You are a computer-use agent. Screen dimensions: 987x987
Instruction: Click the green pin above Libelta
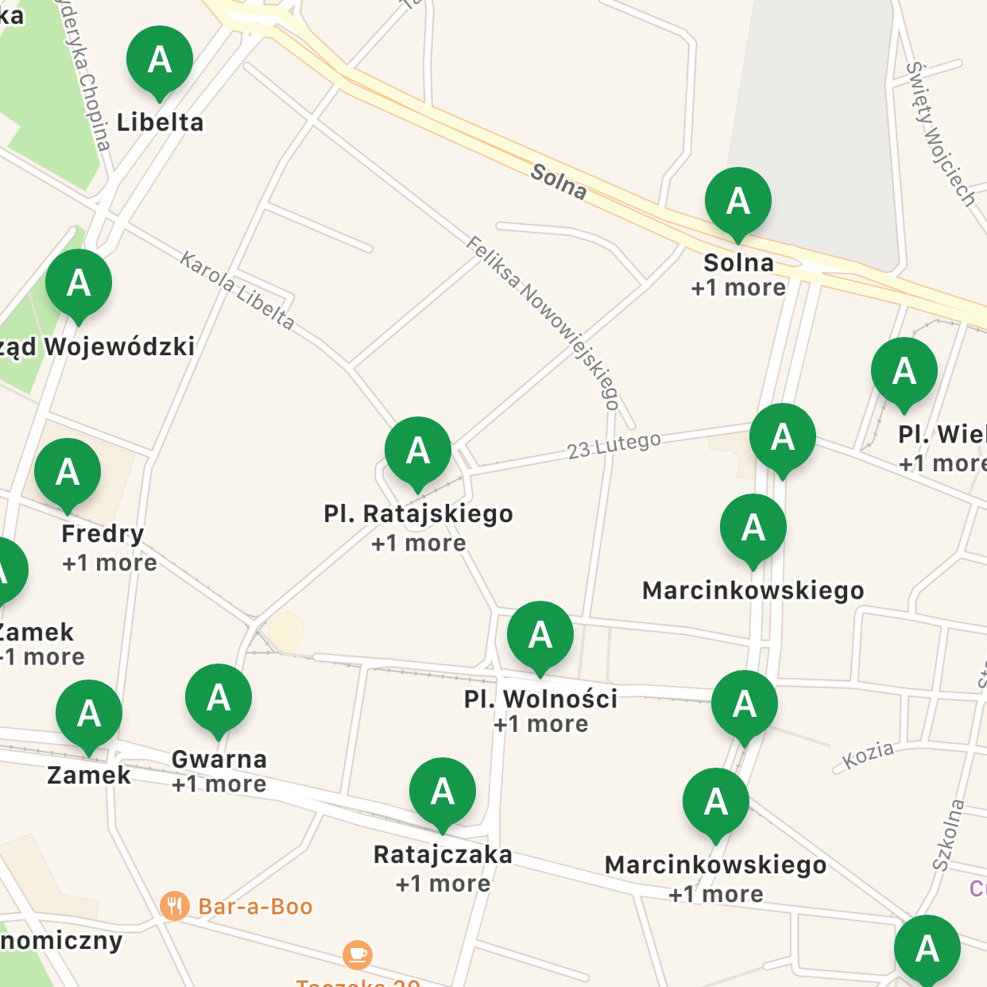coord(160,60)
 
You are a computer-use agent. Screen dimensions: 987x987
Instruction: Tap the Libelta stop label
coord(160,122)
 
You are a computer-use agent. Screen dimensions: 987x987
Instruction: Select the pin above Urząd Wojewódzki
coord(79,284)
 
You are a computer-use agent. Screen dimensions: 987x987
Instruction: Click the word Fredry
coord(103,533)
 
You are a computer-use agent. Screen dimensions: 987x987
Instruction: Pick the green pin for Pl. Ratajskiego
coord(418,451)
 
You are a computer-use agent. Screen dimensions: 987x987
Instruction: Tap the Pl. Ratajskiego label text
coord(418,514)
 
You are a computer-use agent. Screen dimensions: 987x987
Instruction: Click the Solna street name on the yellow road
coord(559,182)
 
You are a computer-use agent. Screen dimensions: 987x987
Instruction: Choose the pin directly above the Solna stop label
coord(738,202)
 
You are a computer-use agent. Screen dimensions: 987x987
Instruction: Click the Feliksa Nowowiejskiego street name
coord(543,322)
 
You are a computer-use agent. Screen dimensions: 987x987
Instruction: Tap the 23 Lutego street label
coord(613,445)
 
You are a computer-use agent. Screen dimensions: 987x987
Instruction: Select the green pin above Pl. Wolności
coord(540,636)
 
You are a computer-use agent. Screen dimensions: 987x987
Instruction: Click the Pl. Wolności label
coord(540,699)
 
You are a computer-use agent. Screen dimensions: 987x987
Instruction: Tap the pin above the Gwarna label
coord(219,699)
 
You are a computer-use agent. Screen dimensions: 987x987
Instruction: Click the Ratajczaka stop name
coord(443,855)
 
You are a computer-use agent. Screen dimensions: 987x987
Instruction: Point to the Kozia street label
coord(868,756)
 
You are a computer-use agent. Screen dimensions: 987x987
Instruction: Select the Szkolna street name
coord(948,834)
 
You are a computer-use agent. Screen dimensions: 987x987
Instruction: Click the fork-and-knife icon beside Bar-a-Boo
coord(174,906)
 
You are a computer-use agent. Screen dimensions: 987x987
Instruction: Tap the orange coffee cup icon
coord(358,954)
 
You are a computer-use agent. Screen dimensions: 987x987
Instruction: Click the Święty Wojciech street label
coord(941,134)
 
